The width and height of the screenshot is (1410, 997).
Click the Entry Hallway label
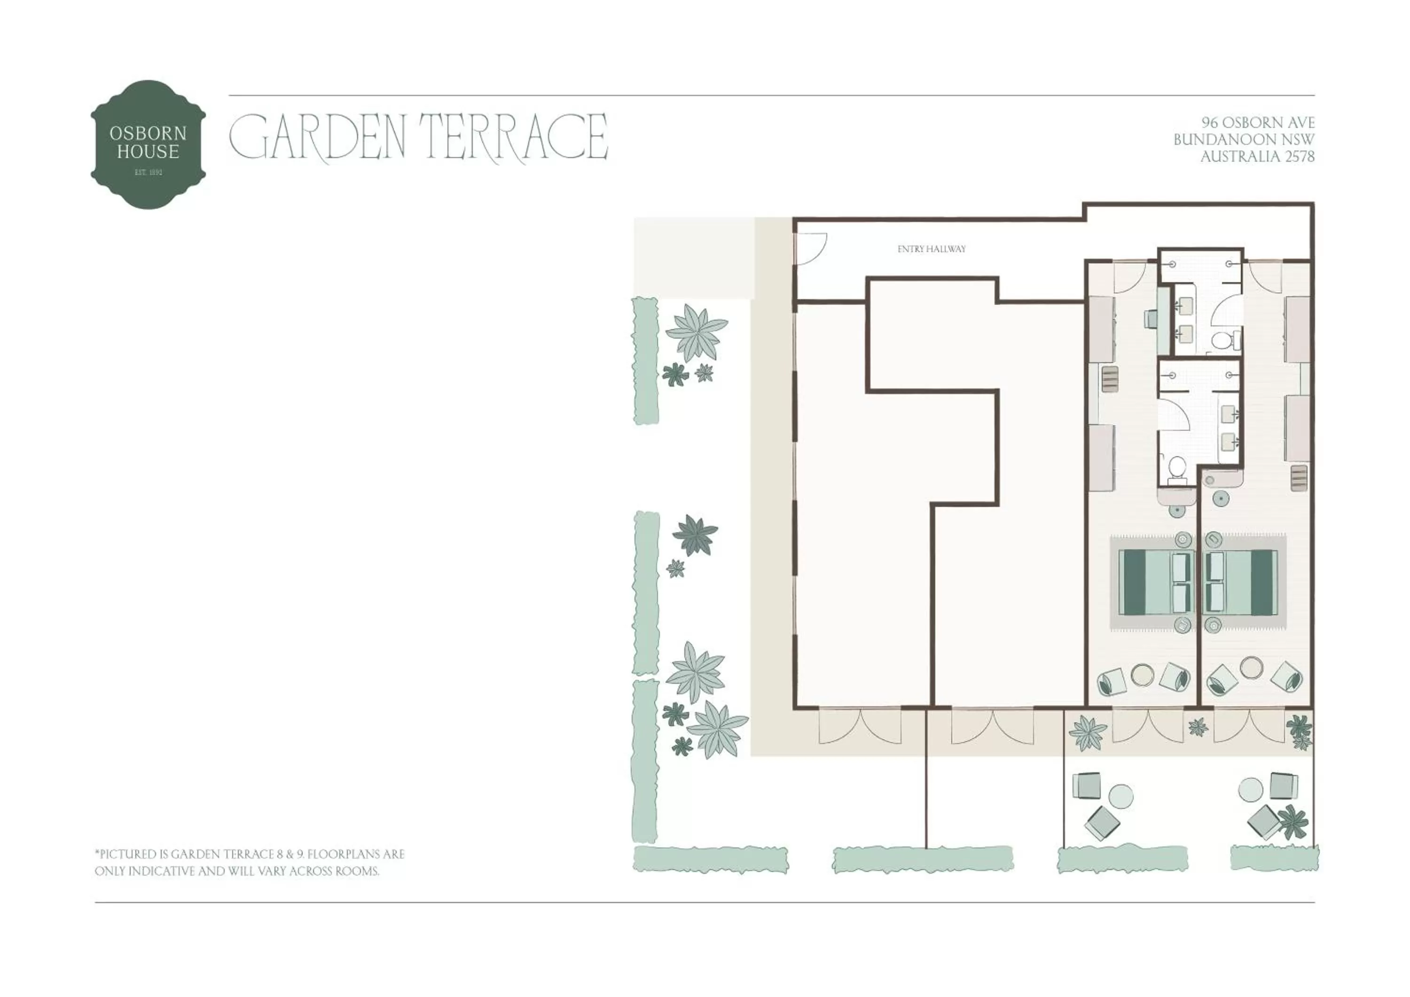931,249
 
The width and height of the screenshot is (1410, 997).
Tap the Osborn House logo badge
148,144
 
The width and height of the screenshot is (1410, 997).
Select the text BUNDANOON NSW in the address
1244,140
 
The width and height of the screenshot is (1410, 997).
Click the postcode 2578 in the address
1300,157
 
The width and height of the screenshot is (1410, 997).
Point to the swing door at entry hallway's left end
809,248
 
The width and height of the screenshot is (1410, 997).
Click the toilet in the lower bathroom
1176,469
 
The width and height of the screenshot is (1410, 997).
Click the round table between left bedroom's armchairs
1142,674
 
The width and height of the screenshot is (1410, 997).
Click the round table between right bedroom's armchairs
1251,667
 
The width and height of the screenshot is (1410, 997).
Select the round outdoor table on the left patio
1121,796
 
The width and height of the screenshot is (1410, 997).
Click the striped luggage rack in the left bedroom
1110,379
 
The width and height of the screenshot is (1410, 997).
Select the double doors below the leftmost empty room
860,726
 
